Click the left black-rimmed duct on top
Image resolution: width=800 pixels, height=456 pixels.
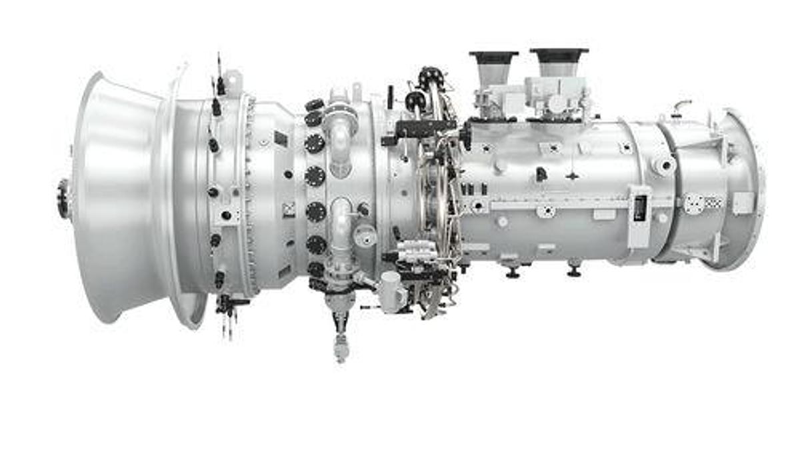pyautogui.click(x=493, y=65)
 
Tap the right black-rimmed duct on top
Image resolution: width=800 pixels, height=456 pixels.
pyautogui.click(x=559, y=61)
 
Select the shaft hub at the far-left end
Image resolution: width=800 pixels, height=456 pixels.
pyautogui.click(x=64, y=198)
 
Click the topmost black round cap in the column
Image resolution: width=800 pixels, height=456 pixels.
pyautogui.click(x=314, y=105)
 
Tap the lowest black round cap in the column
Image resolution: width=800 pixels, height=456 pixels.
pyautogui.click(x=315, y=269)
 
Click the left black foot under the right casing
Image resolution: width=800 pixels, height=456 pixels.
pyautogui.click(x=512, y=272)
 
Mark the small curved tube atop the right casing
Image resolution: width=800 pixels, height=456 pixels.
pyautogui.click(x=681, y=105)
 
